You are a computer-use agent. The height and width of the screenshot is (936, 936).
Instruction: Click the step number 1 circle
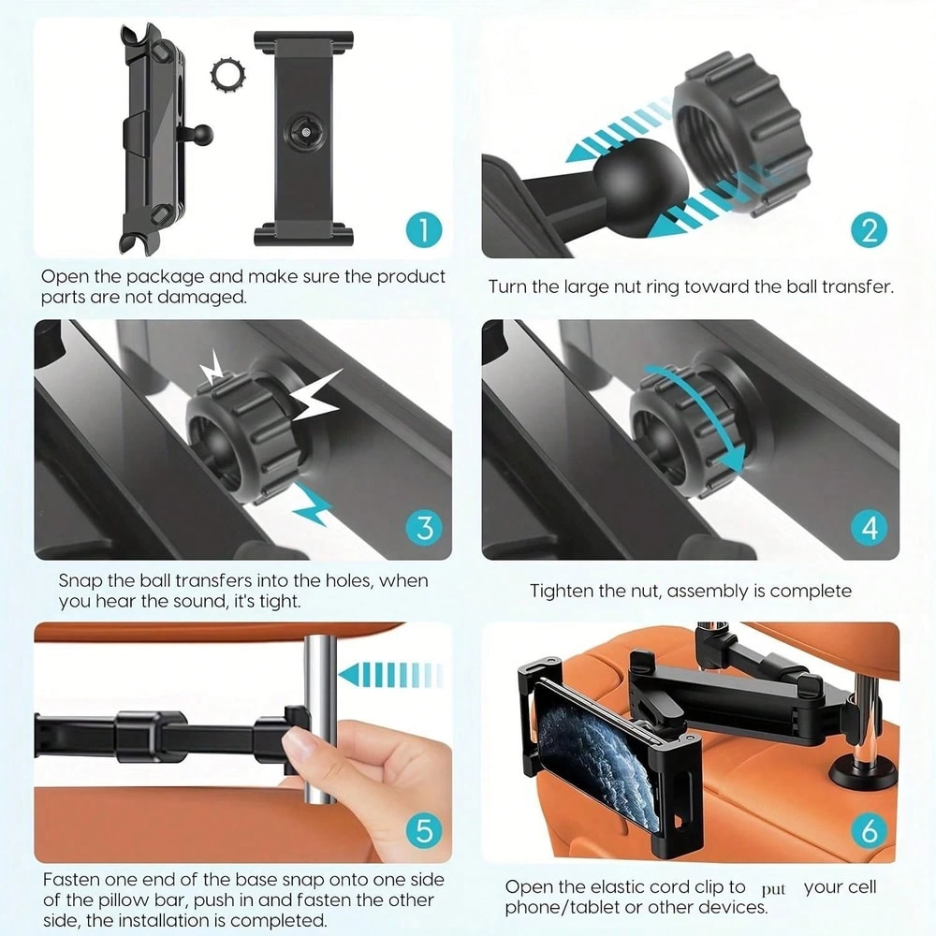pos(424,228)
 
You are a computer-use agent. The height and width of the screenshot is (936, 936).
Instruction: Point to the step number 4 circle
pos(870,527)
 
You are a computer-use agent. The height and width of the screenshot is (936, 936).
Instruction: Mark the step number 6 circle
pos(870,830)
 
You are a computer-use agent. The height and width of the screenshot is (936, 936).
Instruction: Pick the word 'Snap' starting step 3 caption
pos(79,581)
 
